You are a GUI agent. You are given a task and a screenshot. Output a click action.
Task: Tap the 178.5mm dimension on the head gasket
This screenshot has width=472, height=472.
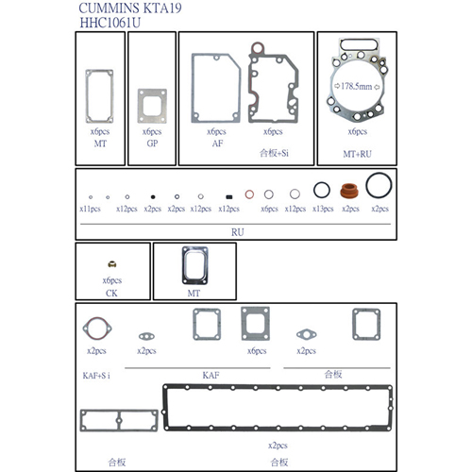point(355,86)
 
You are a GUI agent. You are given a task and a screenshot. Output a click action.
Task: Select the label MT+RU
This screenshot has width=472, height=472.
point(356,151)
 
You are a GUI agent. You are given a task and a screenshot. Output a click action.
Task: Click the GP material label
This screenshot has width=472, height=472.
point(151,143)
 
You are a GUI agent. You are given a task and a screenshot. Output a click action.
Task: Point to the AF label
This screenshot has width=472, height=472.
point(217,143)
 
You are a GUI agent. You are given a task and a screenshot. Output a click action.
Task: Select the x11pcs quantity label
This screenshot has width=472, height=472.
point(90,208)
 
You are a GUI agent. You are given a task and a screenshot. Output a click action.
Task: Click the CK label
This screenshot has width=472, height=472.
point(111,293)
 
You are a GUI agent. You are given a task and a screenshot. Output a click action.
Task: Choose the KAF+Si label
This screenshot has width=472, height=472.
point(97,376)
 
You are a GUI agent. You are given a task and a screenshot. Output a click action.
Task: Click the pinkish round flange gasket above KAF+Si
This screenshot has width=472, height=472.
point(96,329)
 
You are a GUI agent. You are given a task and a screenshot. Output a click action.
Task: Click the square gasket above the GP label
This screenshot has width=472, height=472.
point(152,104)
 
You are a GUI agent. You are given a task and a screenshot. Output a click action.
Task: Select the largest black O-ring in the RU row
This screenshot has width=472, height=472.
point(379,183)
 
